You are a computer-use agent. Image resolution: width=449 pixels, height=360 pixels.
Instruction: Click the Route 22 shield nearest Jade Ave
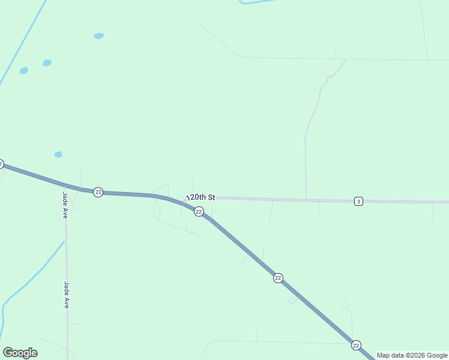pos(98,192)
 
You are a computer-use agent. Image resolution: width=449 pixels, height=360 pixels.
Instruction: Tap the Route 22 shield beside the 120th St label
pos(199,212)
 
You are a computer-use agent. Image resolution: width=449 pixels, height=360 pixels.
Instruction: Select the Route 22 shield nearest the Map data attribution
pos(356,345)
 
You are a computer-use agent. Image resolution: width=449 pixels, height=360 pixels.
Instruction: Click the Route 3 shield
pos(358,201)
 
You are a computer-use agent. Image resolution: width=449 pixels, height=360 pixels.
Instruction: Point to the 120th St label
pos(201,197)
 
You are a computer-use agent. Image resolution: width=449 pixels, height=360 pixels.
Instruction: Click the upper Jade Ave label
pos(64,205)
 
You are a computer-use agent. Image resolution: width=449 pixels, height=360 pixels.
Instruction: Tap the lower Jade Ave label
pos(67,295)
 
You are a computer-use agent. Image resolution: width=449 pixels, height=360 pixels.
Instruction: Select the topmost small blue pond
pos(98,36)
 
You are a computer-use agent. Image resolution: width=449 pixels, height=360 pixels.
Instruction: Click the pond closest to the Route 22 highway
pos(58,154)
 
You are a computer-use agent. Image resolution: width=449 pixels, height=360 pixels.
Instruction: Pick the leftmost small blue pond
pos(23,71)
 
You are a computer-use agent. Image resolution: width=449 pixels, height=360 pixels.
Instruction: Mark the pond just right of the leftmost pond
pos(47,63)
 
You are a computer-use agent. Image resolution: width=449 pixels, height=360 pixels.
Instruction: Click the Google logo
pos(20,353)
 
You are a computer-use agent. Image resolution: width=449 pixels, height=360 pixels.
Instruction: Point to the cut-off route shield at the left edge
pos(1,164)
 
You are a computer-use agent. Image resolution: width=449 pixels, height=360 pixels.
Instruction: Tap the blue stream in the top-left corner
pos(21,42)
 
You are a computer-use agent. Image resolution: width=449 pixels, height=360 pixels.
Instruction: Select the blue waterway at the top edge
pos(258,2)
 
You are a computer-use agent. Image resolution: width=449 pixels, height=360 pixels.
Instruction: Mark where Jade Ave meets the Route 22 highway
pos(65,185)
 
